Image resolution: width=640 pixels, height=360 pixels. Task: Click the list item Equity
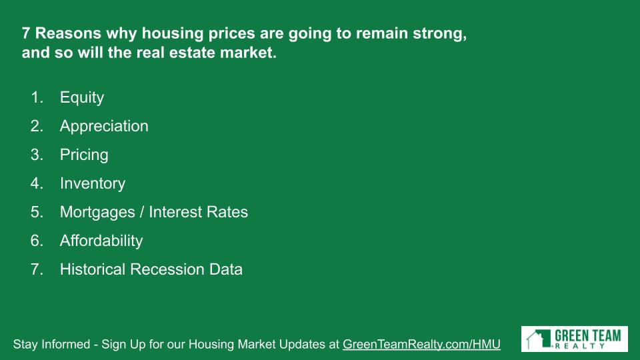[x=81, y=98]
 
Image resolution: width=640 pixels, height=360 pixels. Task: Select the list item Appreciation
[x=104, y=127]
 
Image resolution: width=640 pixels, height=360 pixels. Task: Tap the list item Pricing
[x=84, y=155]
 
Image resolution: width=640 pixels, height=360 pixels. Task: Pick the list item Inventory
[x=93, y=184]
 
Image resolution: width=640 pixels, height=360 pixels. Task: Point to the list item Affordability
[x=101, y=241]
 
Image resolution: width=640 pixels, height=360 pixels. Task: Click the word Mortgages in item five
[x=97, y=213]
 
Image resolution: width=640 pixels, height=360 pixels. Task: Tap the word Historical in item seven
[x=93, y=269]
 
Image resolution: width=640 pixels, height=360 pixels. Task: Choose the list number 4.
[x=37, y=183]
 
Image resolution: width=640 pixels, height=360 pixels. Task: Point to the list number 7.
[x=37, y=269]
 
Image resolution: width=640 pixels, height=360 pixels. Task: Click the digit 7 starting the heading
[x=26, y=33]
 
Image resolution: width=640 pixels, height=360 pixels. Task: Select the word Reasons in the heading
[x=68, y=33]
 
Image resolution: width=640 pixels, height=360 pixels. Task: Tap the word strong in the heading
[x=439, y=34]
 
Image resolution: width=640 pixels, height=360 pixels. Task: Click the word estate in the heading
[x=192, y=53]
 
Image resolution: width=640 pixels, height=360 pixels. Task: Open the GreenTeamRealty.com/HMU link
[x=421, y=345]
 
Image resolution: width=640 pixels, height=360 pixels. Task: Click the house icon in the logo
[x=539, y=339]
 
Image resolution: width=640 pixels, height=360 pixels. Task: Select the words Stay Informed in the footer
[x=51, y=344]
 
